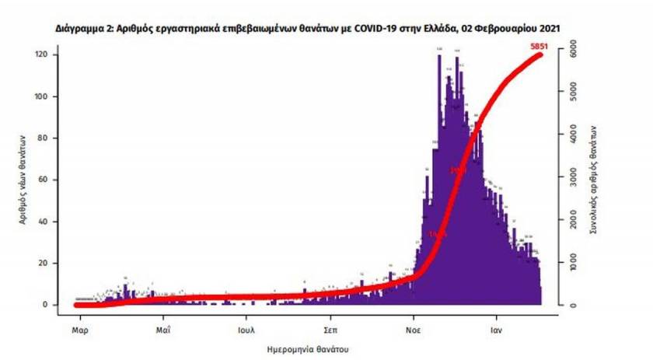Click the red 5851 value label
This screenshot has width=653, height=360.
click(538, 47)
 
